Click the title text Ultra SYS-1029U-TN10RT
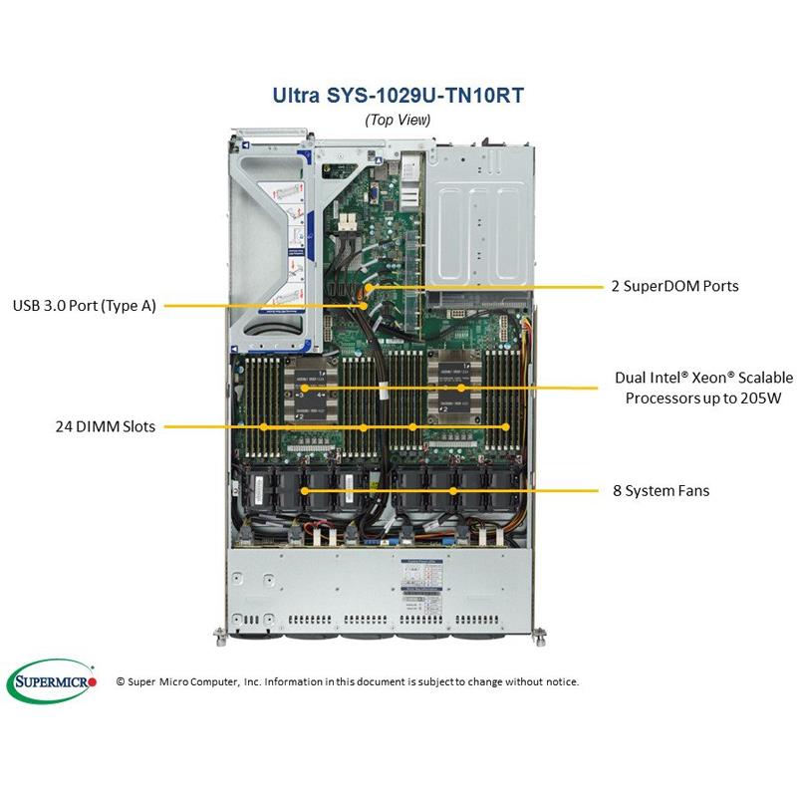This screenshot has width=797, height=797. point(398,96)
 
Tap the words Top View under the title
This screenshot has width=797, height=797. point(398,120)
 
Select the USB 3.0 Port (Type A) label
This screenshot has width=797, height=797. point(85,306)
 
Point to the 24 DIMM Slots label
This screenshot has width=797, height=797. point(105,427)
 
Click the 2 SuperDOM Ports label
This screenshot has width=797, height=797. point(674,286)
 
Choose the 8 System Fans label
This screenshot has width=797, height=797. point(661,490)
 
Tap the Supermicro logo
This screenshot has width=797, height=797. point(52,681)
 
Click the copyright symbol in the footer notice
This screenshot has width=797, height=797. point(121,681)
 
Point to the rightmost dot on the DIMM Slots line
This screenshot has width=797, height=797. point(506,427)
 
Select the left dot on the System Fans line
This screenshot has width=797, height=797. point(305,490)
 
